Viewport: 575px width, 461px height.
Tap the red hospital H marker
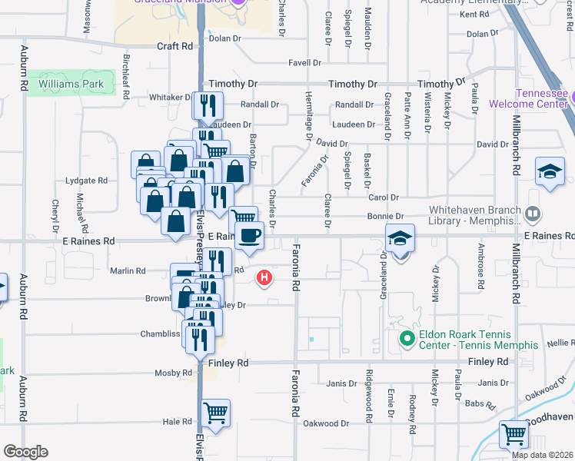(265, 277)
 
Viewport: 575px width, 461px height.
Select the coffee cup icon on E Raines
(249, 235)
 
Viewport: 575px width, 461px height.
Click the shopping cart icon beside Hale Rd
(215, 413)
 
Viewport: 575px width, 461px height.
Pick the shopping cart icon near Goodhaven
(514, 434)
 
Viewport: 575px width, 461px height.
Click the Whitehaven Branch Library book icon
(532, 213)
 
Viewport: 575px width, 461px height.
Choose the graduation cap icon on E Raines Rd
(401, 239)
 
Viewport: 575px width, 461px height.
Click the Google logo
(26, 452)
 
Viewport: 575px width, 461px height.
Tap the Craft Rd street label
(174, 46)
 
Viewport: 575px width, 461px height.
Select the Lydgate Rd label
(87, 181)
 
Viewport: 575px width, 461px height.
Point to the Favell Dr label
(304, 63)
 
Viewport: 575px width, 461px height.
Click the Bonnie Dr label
(389, 217)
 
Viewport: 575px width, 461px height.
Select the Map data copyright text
(543, 455)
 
